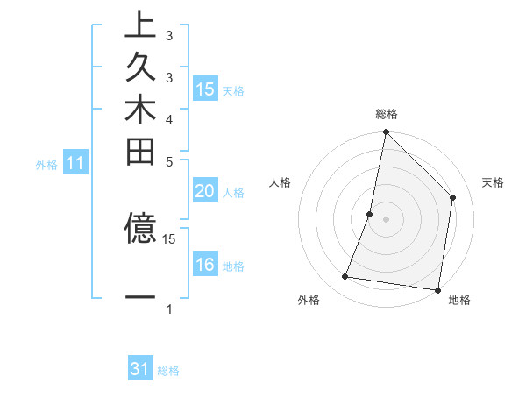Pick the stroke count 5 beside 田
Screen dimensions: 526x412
pos(169,161)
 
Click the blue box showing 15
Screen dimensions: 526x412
pos(205,89)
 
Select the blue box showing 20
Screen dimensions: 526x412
pos(205,191)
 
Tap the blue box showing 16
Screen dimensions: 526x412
pos(205,265)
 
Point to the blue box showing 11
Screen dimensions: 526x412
pos(75,163)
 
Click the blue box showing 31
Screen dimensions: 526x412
pos(140,369)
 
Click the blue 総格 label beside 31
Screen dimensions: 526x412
pos(168,371)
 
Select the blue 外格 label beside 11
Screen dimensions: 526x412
pos(46,164)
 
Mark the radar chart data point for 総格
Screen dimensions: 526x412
pos(386,132)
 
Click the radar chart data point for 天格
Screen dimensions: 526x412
pos(453,197)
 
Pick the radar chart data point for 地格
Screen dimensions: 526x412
pos(437,289)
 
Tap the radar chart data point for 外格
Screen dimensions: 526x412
pos(345,277)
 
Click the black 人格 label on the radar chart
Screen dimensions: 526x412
pos(281,182)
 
